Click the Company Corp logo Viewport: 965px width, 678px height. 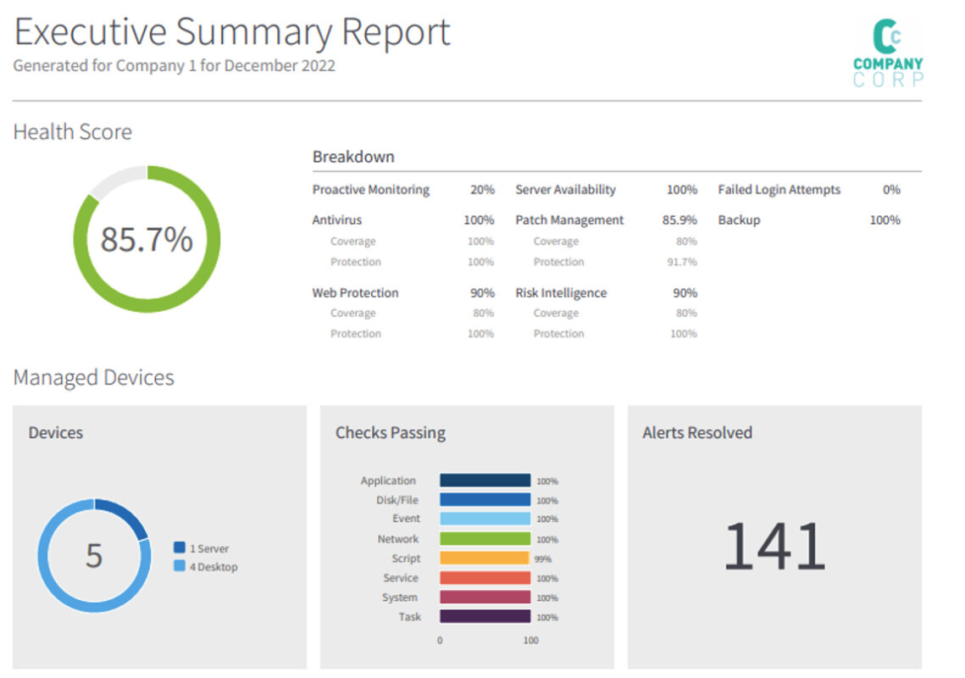click(887, 53)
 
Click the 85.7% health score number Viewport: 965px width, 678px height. click(147, 240)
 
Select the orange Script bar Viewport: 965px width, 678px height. click(484, 559)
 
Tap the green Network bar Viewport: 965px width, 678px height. click(485, 539)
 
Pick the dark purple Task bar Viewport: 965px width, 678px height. click(485, 617)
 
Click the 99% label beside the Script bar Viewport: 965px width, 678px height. click(543, 559)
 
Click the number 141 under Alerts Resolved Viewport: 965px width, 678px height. click(774, 547)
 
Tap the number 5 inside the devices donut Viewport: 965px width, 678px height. click(94, 556)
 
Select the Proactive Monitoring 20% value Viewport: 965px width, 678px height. click(482, 190)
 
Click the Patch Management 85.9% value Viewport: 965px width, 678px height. click(679, 220)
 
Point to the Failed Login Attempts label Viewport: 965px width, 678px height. click(779, 190)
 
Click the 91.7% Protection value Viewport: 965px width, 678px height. click(682, 262)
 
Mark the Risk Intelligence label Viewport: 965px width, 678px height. click(561, 293)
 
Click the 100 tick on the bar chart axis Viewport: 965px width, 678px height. click(530, 641)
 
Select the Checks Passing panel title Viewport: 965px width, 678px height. click(390, 433)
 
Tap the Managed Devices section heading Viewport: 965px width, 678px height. click(93, 378)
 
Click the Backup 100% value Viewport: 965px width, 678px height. click(885, 220)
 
